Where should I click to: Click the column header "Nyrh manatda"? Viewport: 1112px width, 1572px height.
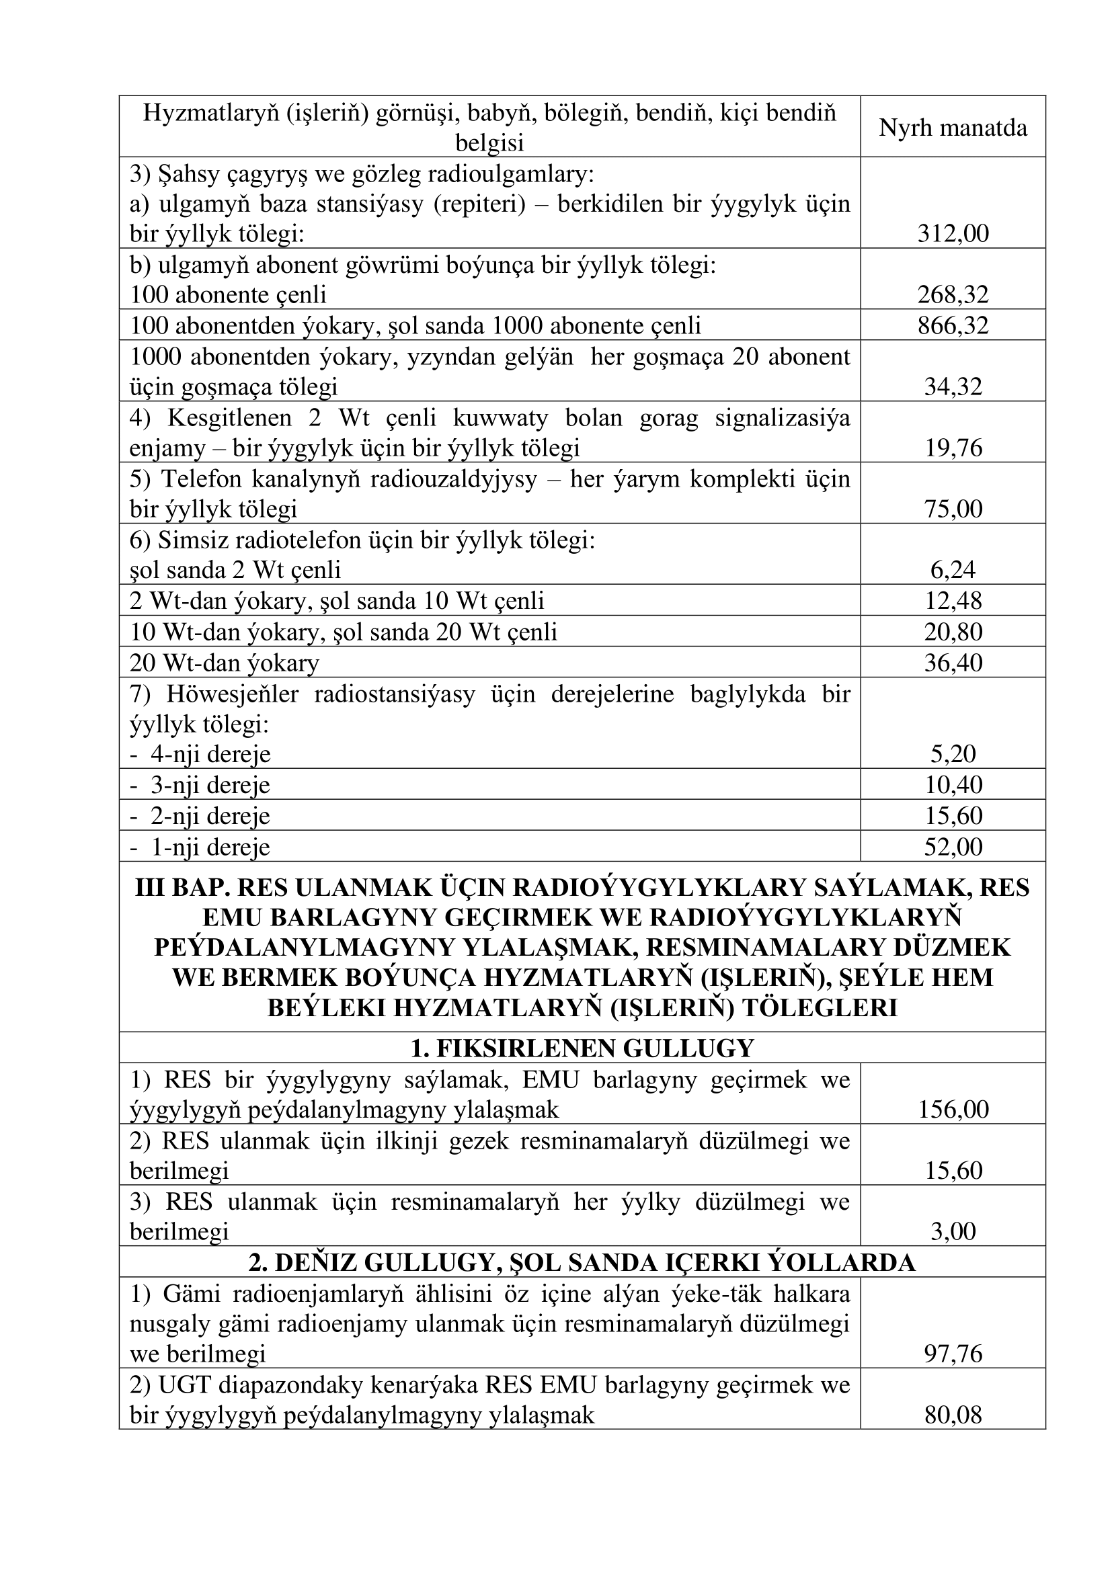click(953, 128)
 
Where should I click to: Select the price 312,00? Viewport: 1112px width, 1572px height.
click(953, 234)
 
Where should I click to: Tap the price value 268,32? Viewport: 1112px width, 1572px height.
click(953, 295)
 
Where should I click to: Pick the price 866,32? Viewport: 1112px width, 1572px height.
click(953, 326)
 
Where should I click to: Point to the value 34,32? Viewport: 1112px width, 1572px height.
click(953, 387)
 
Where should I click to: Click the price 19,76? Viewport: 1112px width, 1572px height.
click(953, 448)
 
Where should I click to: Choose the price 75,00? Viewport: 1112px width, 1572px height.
click(953, 509)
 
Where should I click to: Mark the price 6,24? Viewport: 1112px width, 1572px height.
click(953, 571)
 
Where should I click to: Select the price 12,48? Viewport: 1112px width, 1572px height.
click(953, 601)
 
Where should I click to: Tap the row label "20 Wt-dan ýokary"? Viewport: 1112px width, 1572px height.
click(225, 663)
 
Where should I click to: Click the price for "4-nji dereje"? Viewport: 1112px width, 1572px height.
click(953, 755)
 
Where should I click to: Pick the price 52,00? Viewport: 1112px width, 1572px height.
click(953, 847)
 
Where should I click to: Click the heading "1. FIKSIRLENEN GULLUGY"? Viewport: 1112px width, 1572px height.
click(582, 1048)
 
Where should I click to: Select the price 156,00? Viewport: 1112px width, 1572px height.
click(953, 1110)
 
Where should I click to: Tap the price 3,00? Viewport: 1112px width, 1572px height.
click(953, 1232)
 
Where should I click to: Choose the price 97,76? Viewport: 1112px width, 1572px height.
click(953, 1354)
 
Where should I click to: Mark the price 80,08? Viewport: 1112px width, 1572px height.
click(953, 1415)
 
